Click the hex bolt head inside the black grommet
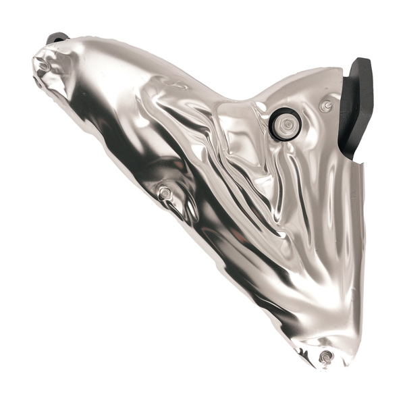[x=287, y=124]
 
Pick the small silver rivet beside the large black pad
[x=326, y=105]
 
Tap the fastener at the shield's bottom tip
[x=326, y=356]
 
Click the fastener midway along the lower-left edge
[x=164, y=194]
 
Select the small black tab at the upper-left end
[x=57, y=38]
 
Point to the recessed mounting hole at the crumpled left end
[x=44, y=66]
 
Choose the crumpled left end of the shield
[x=54, y=71]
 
